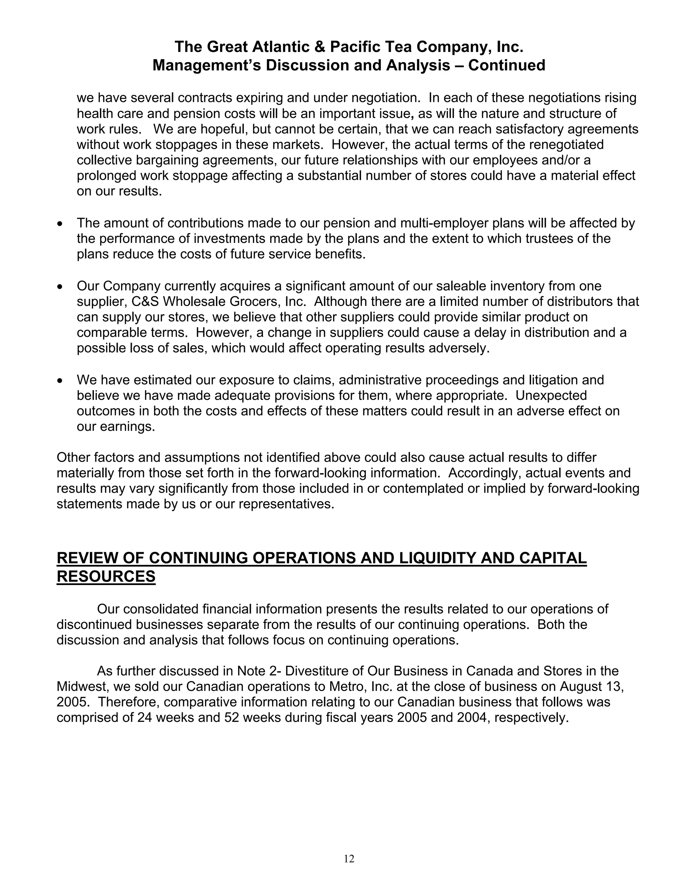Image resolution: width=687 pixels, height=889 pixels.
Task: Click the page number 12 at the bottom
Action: coord(349,858)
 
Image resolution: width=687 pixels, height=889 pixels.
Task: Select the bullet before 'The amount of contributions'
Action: coord(60,224)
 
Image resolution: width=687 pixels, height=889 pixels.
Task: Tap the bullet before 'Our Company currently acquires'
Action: coord(60,287)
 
